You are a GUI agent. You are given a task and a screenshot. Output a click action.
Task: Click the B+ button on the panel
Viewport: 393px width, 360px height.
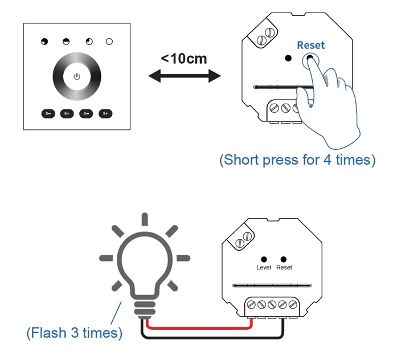coord(67,113)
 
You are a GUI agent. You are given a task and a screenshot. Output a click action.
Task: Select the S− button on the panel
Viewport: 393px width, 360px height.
coord(86,113)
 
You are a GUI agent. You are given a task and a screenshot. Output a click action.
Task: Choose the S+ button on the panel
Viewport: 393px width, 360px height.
coord(105,113)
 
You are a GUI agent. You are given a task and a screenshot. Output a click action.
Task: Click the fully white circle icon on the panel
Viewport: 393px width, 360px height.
coord(109,42)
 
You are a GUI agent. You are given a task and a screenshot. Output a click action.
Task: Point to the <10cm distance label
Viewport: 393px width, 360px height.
coord(183,59)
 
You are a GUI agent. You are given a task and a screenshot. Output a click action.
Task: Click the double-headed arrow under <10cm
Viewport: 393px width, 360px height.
coord(183,76)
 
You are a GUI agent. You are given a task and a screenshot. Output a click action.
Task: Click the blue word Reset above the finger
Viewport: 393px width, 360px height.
coord(310,45)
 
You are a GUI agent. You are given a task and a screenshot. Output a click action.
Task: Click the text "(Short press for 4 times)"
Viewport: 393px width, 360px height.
coord(297,160)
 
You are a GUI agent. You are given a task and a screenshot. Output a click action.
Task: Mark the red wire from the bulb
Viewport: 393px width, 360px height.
coord(199,328)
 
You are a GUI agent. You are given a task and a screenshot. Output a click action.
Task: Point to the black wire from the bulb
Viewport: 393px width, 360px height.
coord(211,338)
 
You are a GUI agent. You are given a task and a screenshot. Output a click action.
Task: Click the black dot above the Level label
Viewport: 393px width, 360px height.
coord(264,259)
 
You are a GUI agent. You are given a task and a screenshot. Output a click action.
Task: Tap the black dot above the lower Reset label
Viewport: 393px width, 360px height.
coord(283,259)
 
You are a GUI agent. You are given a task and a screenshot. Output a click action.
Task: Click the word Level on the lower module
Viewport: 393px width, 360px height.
coord(264,268)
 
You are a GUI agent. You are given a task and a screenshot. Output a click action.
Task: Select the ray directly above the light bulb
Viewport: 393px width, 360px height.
coord(145,220)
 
